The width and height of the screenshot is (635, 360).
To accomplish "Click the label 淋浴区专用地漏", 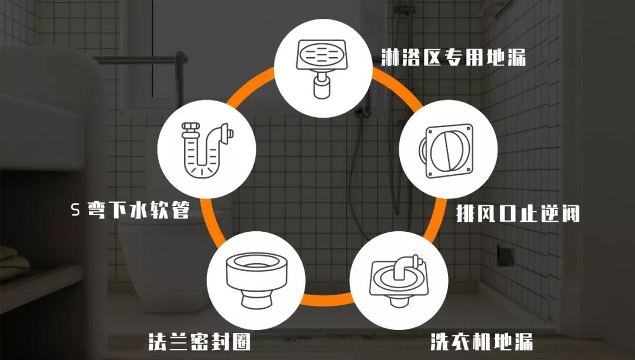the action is point(453,57).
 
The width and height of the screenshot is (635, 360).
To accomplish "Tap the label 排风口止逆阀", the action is point(518,212).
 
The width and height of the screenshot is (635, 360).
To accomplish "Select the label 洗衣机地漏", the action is point(482,341).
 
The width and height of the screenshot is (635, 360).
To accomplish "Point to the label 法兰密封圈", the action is point(199,341).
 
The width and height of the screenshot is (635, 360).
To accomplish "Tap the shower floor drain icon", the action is point(323,68).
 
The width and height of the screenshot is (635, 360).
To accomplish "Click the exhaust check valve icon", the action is point(447,150).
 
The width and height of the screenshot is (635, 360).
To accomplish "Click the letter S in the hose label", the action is point(75,210).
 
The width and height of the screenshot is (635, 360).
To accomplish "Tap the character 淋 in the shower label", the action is point(390,57).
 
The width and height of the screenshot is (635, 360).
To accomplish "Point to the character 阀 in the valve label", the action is point(570,212).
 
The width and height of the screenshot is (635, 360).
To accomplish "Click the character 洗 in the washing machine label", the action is point(439,341).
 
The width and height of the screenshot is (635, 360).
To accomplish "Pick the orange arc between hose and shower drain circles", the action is point(250,86).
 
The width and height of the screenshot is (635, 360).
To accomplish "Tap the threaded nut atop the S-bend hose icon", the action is point(189,126).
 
